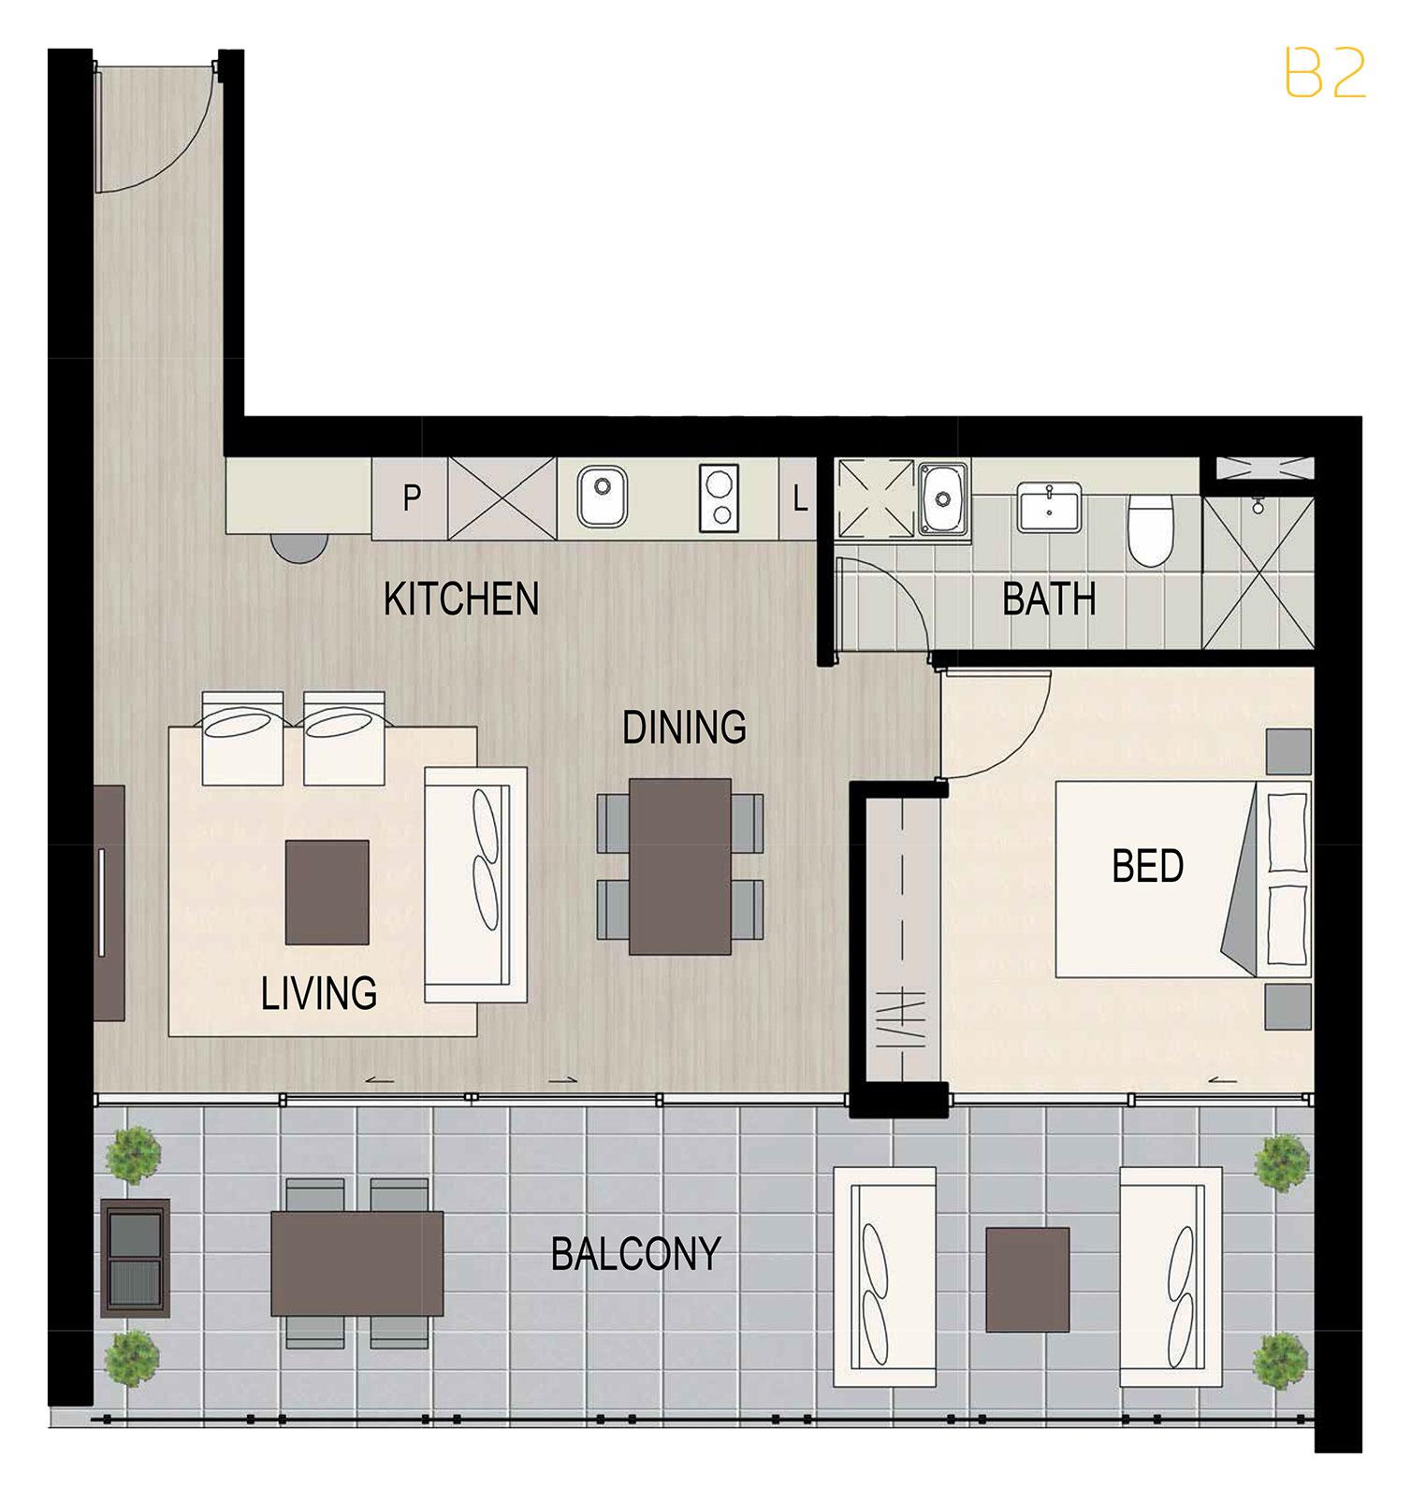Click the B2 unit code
tap(1325, 74)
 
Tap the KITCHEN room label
tap(461, 599)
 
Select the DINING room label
tap(685, 727)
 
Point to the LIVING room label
tap(319, 992)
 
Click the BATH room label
tap(1049, 599)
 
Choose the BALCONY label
tap(635, 1254)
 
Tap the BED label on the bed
tap(1148, 866)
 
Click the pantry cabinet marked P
tap(411, 498)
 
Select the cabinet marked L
tap(799, 498)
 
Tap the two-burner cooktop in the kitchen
tap(719, 498)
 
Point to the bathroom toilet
tap(1148, 529)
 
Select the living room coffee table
tap(327, 892)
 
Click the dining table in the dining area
tap(680, 866)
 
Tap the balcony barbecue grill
tap(134, 1254)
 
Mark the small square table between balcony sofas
tap(1027, 1279)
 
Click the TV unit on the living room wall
tap(109, 902)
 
